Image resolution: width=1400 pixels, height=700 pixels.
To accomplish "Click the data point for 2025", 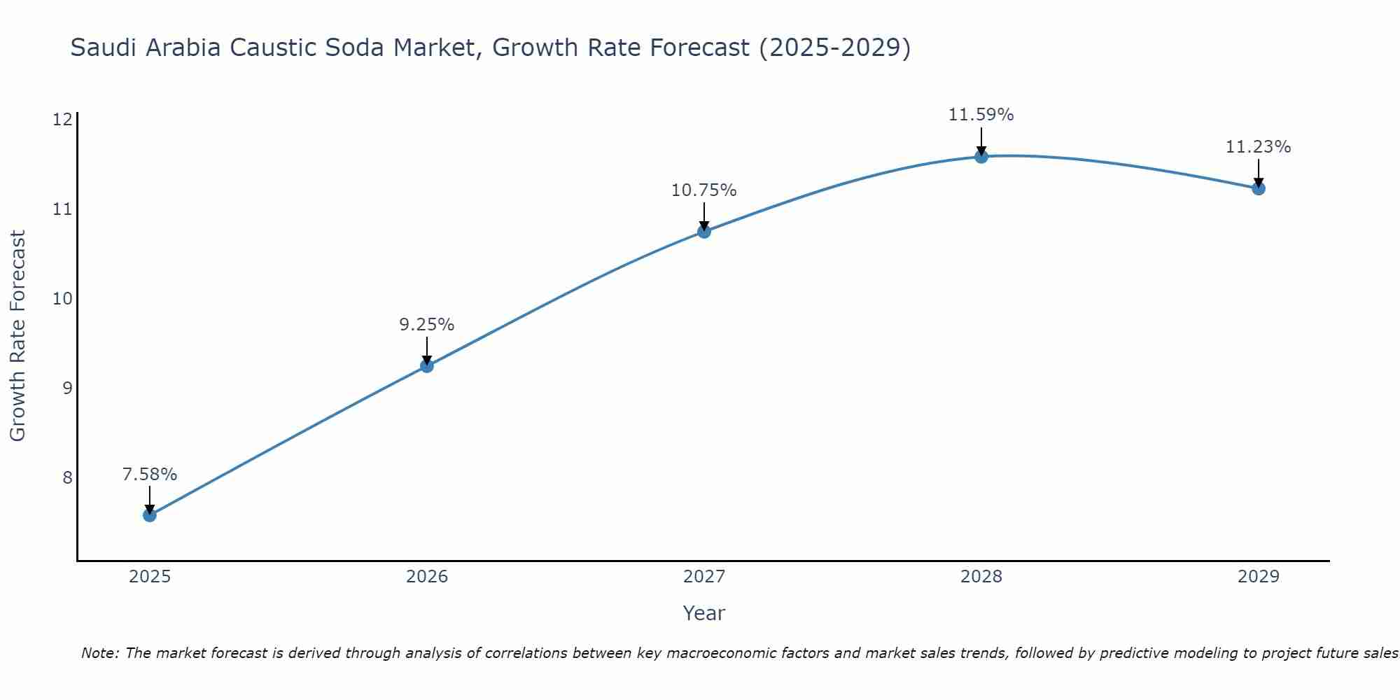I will pos(149,515).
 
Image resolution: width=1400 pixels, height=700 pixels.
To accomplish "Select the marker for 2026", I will pos(426,365).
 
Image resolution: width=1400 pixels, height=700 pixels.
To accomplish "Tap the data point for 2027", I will pos(704,232).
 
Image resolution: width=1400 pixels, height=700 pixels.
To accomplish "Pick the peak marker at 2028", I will pos(981,157).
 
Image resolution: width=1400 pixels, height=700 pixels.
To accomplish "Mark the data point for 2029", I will pos(1259,188).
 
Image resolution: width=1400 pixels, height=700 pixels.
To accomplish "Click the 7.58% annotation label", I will pos(149,475).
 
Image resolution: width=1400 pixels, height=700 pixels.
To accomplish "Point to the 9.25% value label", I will pos(426,325).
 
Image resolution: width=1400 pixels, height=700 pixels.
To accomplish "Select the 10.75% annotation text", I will pos(704,190).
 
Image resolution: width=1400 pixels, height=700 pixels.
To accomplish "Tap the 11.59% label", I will pos(981,115).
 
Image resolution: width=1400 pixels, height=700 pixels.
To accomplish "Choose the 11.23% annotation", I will pos(1259,147).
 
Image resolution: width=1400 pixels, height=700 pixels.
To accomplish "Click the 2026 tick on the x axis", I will pos(427,577).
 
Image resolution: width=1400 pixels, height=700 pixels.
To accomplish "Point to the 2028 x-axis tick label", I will pos(981,577).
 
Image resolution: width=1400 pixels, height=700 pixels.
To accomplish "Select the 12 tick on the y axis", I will pos(62,120).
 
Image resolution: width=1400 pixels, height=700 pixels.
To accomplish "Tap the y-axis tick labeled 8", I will pos(67,477).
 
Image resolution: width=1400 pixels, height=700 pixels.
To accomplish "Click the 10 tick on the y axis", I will pos(62,299).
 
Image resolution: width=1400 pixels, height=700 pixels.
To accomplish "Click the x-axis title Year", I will pos(703,613).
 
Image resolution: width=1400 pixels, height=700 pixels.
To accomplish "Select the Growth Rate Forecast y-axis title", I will pos(18,336).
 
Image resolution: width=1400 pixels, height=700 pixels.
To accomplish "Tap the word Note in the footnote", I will pos(101,654).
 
